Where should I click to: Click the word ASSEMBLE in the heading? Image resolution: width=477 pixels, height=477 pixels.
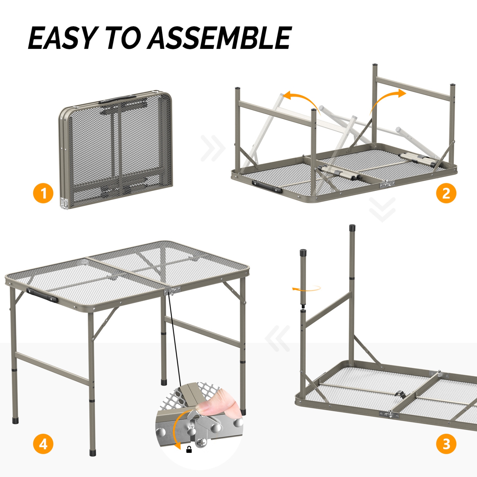pos(219,38)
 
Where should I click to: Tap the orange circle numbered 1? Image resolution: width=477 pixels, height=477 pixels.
pos(43,193)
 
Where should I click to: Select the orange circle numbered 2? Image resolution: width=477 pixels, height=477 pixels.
pos(446,193)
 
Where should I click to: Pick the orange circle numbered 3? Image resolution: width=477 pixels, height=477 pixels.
pos(446,444)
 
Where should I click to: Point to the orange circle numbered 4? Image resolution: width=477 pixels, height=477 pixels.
pos(43,444)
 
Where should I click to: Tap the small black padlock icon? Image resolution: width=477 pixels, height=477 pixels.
pos(189,449)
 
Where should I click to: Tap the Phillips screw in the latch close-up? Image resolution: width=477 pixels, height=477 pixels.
pos(201,442)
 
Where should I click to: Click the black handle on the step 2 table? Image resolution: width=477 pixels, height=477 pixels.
pos(267,187)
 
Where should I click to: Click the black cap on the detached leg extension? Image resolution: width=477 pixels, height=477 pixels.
pos(303,253)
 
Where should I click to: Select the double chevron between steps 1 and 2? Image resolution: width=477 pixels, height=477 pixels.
pos(213,148)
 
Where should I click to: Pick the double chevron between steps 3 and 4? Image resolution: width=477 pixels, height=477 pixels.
pos(278,338)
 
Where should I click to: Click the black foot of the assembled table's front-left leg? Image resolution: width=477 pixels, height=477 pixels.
pos(93,452)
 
